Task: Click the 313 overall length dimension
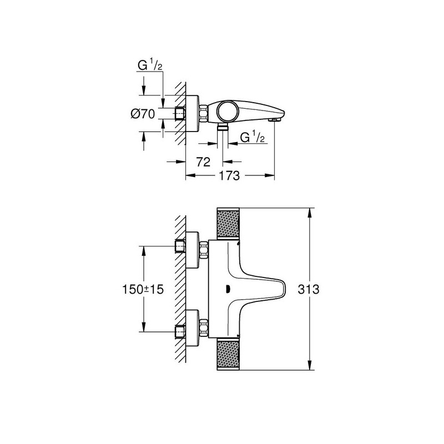point(309,289)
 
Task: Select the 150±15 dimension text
point(143,289)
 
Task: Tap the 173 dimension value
point(229,176)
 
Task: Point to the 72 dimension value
point(203,162)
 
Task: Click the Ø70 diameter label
point(143,114)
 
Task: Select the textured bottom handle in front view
point(228,354)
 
